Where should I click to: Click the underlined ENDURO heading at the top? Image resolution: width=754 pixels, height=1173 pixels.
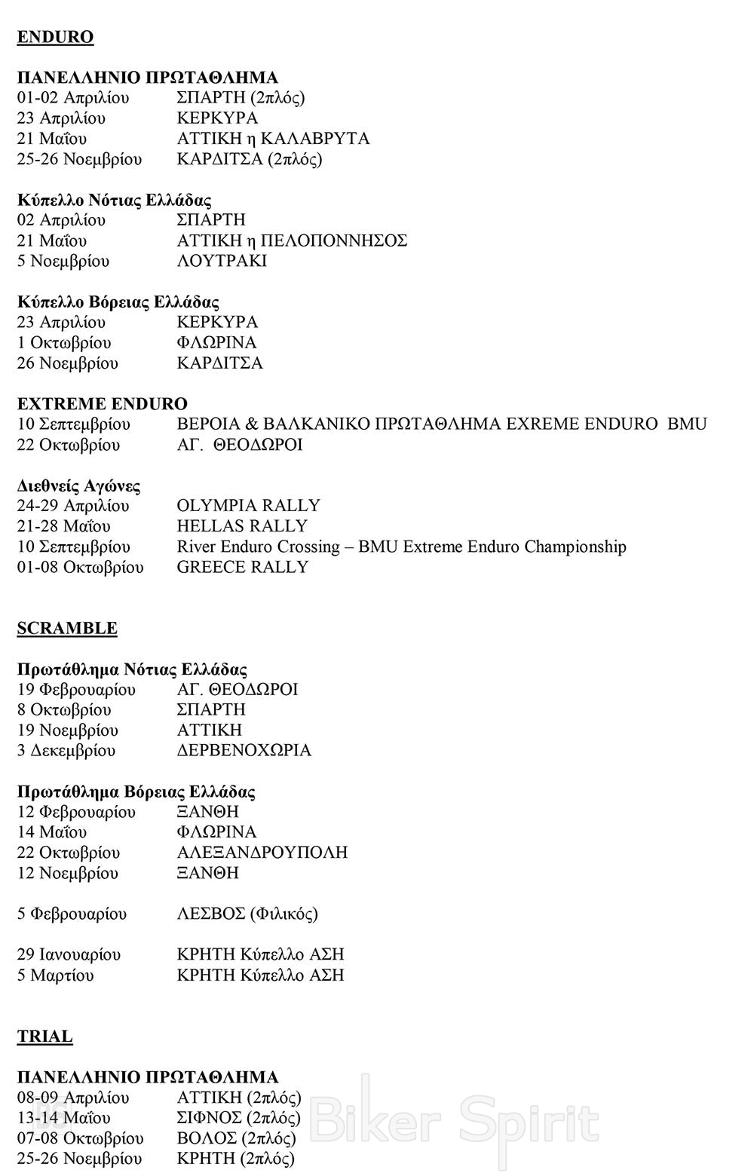click(55, 37)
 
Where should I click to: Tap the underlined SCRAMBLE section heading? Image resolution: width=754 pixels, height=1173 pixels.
click(67, 628)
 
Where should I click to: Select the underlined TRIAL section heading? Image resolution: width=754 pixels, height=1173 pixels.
click(45, 1037)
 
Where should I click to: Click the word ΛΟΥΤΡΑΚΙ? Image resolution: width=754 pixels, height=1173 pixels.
click(222, 261)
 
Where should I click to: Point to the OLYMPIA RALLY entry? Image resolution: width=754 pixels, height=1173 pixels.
click(248, 505)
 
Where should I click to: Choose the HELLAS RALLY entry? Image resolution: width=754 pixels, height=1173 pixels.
click(242, 525)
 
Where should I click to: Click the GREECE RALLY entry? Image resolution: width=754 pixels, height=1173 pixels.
click(242, 567)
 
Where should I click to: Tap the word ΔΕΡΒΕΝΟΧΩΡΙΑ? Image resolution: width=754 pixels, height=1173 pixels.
click(244, 750)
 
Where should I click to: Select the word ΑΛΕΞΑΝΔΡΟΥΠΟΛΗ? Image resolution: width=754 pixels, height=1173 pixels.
click(262, 853)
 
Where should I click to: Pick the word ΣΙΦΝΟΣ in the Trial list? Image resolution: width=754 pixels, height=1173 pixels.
click(209, 1118)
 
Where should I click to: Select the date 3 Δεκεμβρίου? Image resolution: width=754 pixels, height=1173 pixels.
click(66, 750)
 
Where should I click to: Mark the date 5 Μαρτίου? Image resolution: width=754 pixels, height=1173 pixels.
click(56, 975)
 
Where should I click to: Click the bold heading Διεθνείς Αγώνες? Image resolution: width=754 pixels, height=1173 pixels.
click(78, 485)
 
